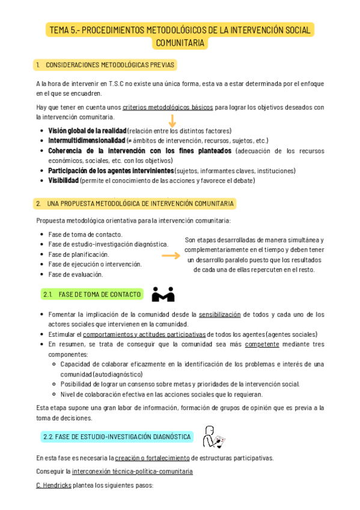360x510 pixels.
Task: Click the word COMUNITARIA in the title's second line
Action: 180,43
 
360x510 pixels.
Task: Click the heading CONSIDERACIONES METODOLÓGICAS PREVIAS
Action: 110,65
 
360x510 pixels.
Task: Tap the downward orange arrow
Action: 172,121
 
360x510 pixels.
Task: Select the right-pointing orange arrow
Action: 171,256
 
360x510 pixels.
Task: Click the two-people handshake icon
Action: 163,294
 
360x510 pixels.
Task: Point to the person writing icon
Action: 212,437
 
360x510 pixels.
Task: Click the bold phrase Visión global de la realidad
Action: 87,131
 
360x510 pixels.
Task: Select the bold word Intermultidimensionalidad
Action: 87,141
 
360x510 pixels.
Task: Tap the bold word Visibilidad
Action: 63,180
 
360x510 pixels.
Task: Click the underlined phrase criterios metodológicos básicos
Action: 168,108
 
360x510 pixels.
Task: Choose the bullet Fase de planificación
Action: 79,254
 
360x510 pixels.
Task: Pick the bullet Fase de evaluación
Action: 76,274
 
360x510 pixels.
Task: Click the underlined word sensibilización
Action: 219,315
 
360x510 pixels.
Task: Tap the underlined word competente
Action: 262,345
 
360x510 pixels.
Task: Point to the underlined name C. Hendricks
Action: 53,485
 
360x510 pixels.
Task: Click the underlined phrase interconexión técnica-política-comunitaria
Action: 132,472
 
